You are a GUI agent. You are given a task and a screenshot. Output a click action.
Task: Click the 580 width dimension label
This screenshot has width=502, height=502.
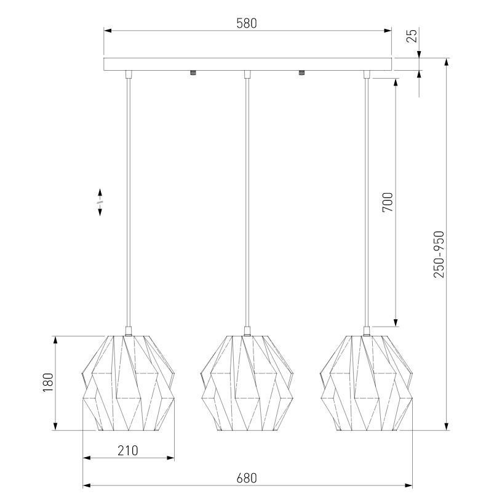247,23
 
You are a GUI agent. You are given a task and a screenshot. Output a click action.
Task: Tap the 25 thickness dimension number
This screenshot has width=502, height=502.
412,36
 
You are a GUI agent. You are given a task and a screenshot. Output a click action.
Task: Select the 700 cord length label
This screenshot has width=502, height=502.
388,202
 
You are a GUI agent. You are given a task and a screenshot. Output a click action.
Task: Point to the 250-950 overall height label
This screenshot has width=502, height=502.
439,254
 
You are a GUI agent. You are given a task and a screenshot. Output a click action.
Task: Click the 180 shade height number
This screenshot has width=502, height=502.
48,383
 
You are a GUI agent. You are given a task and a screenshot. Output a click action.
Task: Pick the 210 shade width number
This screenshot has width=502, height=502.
128,450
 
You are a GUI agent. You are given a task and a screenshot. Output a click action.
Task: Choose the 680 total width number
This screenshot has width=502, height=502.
247,478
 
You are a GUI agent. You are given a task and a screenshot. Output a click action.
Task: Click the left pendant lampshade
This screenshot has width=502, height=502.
129,383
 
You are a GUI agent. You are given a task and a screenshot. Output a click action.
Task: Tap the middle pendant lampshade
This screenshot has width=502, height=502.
247,383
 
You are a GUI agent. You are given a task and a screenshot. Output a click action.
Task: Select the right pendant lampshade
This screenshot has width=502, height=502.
366,383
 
